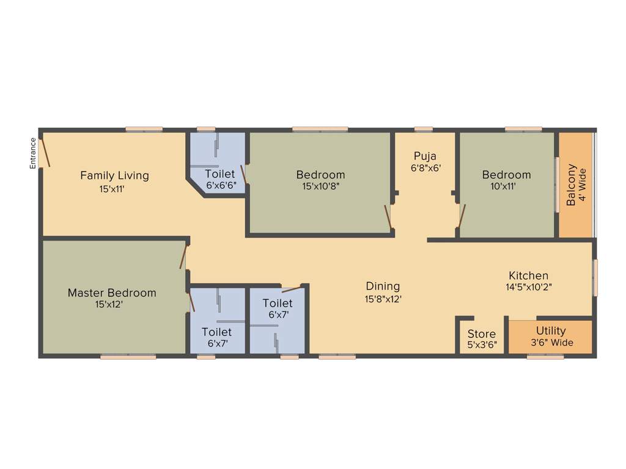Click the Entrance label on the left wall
coord(34,153)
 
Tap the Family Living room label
coord(114,175)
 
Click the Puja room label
coord(425,156)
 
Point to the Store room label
coord(482,334)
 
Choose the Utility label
coord(551,331)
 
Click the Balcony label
coord(572,185)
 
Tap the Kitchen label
coord(528,275)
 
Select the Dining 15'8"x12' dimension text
coord(383,299)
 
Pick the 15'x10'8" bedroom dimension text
coord(320,186)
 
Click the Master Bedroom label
coord(112,293)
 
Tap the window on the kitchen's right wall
coord(595,278)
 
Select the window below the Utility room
coord(545,357)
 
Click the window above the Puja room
coord(424,129)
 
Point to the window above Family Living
coord(144,129)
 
